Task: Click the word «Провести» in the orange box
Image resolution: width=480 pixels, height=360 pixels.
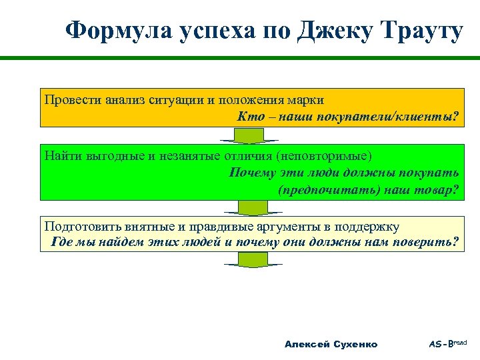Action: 73,100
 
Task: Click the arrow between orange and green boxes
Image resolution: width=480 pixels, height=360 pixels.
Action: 251,135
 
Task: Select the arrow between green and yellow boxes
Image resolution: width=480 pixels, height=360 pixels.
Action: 251,208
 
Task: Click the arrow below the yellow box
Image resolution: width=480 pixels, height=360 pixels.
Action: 251,260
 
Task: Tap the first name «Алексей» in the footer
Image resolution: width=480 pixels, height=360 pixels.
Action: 305,344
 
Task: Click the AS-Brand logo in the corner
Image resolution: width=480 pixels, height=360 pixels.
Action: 448,343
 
